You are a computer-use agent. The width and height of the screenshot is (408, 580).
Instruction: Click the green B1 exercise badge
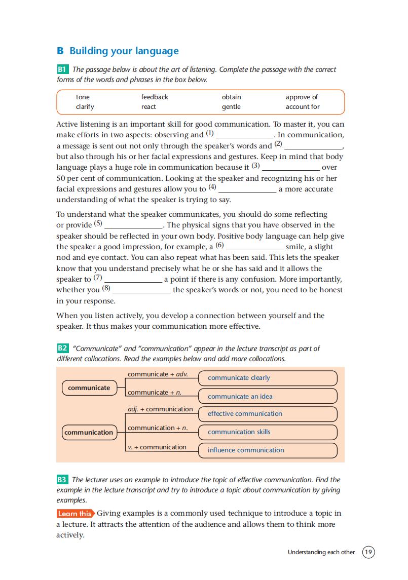(x=63, y=69)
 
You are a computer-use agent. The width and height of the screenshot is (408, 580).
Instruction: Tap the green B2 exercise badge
(x=63, y=349)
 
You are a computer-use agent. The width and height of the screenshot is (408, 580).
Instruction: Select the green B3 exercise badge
(x=63, y=480)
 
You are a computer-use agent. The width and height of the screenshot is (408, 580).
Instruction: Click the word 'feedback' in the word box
(x=155, y=97)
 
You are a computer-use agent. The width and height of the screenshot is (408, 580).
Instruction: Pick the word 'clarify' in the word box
(x=85, y=107)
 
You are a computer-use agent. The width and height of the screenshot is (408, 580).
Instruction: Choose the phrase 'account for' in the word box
(x=303, y=107)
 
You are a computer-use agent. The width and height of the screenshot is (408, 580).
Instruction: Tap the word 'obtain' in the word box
(x=232, y=97)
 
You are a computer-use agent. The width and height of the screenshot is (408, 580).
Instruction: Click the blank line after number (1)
(x=245, y=136)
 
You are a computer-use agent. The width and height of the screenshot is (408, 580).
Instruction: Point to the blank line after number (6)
(x=254, y=248)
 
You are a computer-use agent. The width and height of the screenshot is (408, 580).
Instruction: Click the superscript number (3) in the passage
(x=255, y=166)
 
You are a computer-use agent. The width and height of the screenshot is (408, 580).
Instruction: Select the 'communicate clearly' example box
(x=267, y=378)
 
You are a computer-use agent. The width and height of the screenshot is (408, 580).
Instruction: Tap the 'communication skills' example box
(x=267, y=432)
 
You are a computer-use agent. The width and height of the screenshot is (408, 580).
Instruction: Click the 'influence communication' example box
(x=267, y=450)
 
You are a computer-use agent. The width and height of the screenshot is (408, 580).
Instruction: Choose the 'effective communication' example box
(x=267, y=414)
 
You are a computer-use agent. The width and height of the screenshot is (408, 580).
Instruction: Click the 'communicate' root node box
(x=89, y=388)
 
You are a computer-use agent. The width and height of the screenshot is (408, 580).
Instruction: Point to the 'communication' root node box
(x=89, y=433)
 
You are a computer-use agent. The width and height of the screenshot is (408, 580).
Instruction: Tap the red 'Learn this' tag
(x=75, y=514)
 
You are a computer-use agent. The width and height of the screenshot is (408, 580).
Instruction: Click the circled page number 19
(x=368, y=552)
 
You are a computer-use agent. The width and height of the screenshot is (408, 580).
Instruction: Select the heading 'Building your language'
(x=124, y=51)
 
